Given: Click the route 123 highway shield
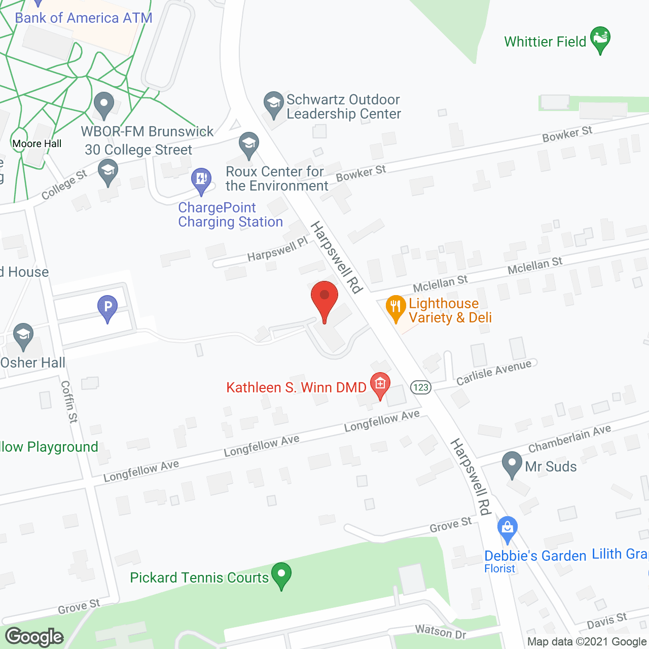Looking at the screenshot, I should click(x=421, y=387).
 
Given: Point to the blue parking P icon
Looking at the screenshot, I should click(x=107, y=308).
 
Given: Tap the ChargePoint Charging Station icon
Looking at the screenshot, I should click(x=201, y=180).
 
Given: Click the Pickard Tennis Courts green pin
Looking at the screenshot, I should click(x=281, y=575).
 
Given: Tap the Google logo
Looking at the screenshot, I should click(x=34, y=637).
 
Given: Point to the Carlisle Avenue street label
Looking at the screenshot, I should click(x=494, y=373).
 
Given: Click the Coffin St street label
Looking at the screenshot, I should click(x=69, y=402).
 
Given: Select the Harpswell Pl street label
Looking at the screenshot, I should click(x=277, y=249).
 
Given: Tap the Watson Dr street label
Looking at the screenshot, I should click(x=440, y=632).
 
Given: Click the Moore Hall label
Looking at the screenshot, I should click(x=37, y=143).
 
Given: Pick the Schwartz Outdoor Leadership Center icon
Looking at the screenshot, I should click(x=274, y=104).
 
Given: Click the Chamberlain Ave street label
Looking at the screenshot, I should click(x=569, y=439).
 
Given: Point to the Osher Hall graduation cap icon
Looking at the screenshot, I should click(x=23, y=336).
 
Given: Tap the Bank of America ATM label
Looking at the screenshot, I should click(x=84, y=18).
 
